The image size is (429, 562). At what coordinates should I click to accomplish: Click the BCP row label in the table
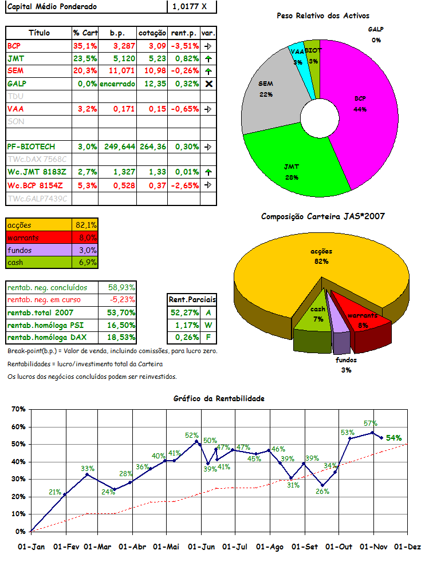tap(14, 45)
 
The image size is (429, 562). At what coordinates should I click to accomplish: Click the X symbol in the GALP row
tap(209, 84)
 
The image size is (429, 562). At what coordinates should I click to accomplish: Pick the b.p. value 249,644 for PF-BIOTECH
tap(120, 147)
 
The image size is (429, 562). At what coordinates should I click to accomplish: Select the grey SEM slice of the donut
tap(266, 97)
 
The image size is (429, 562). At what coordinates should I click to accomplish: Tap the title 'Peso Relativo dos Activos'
tap(322, 16)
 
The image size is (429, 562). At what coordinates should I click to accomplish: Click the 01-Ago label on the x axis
tap(271, 547)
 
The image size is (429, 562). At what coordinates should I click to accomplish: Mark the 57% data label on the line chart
tap(370, 424)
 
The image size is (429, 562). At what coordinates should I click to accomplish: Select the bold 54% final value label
tap(393, 438)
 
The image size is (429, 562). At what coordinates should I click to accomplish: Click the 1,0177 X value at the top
tap(187, 6)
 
